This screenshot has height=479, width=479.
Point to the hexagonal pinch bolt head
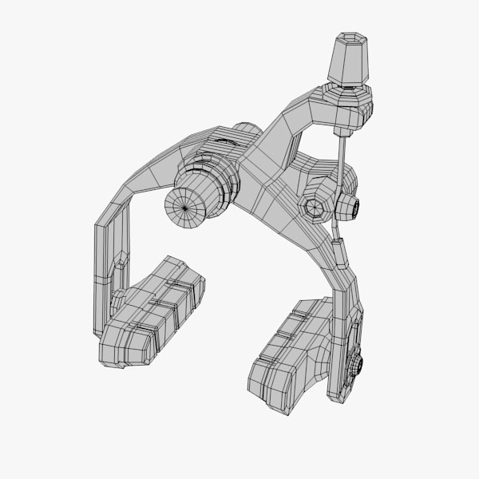[x=315, y=207]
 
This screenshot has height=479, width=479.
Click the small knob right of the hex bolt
[x=349, y=208]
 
